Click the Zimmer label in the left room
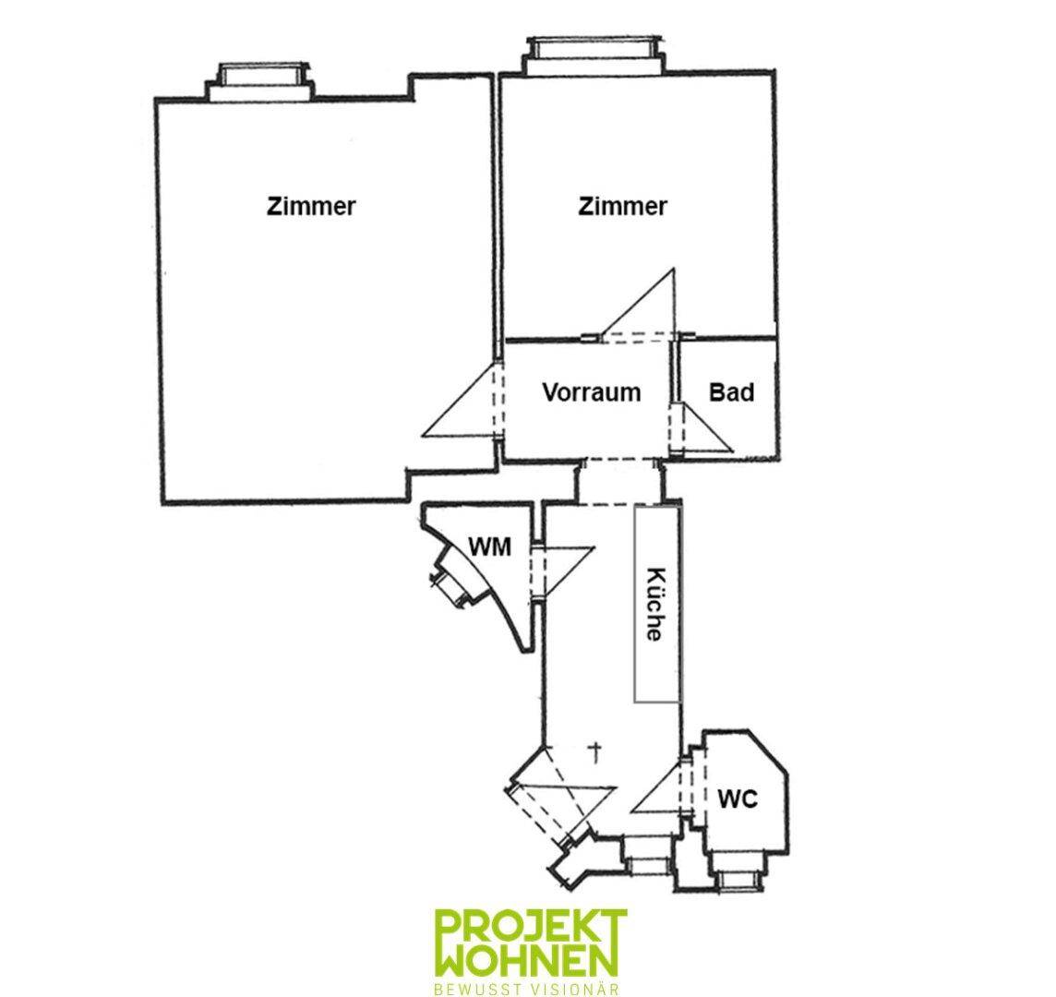tap(311, 206)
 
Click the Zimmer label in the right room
tap(622, 206)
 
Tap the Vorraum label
tap(592, 392)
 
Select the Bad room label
tap(731, 392)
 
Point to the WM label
tap(489, 547)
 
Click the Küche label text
tap(654, 605)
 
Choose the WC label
tap(738, 799)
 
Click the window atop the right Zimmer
tap(594, 54)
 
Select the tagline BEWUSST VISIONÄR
tap(527, 990)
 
